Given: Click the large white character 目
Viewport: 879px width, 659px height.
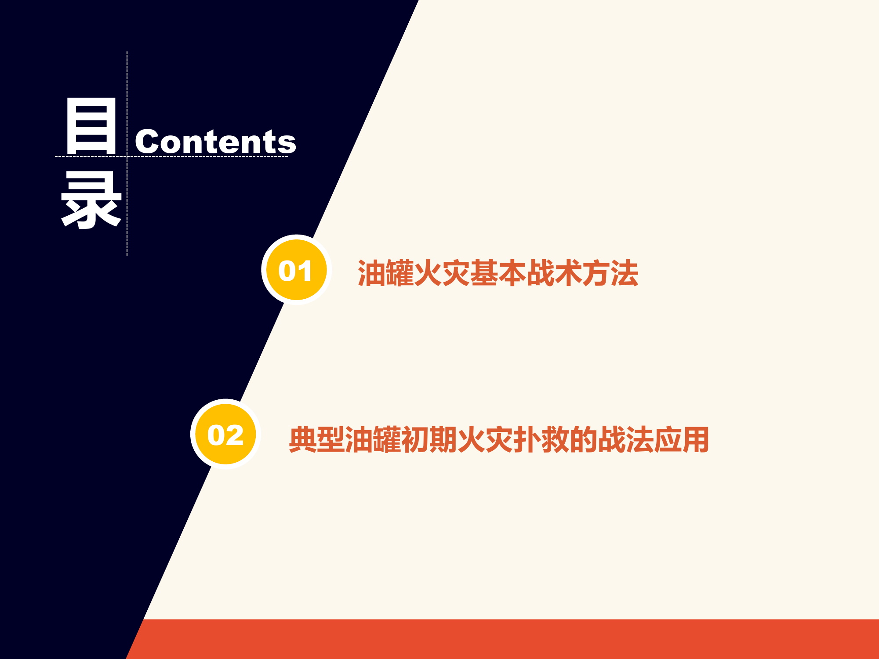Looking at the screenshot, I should (x=91, y=126).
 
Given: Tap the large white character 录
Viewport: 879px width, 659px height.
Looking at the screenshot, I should (x=91, y=200).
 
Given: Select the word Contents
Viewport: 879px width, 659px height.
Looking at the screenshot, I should (x=215, y=142).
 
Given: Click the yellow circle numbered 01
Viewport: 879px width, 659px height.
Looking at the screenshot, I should (x=296, y=270).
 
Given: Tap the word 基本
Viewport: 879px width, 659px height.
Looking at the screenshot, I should (x=498, y=273).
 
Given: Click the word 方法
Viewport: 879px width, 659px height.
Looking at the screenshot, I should (x=610, y=273).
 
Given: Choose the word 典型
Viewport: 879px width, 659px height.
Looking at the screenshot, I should (x=316, y=439).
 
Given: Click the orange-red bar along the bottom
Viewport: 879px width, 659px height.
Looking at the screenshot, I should (x=505, y=639).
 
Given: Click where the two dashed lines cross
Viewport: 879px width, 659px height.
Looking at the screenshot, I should (x=127, y=156).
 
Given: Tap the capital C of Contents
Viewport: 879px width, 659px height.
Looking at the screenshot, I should (x=146, y=142).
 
